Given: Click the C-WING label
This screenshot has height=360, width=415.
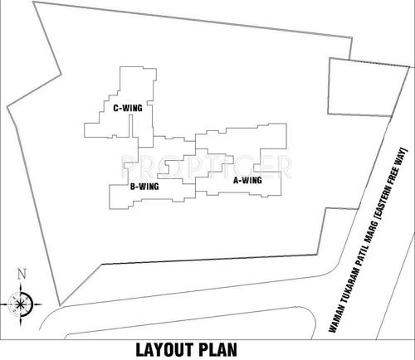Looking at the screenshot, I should pos(128,107).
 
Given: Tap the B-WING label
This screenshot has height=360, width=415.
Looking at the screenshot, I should pos(144,187).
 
